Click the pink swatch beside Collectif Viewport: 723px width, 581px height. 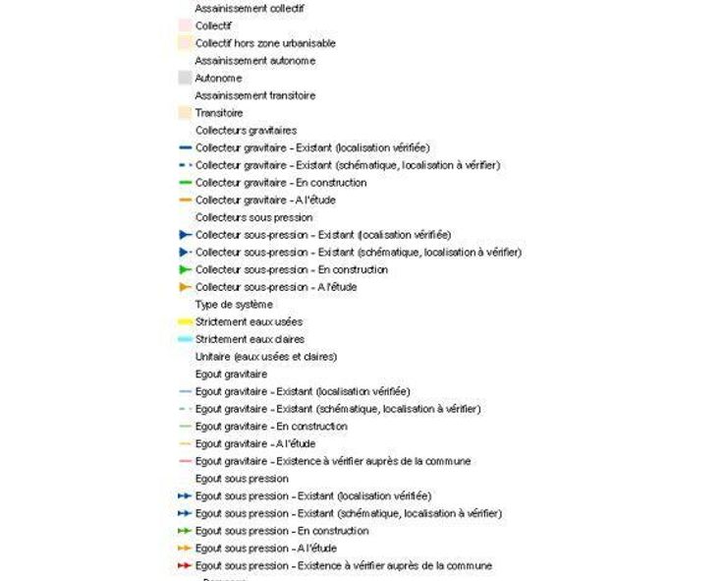coord(185,26)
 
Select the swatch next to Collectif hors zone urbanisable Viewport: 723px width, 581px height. coord(185,43)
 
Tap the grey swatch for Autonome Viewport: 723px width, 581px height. coord(185,78)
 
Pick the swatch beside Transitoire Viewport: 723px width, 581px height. coord(185,113)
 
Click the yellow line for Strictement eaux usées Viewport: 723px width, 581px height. coord(185,322)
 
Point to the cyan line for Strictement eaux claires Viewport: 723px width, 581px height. coord(185,339)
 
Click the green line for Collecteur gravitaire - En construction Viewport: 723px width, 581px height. coord(185,183)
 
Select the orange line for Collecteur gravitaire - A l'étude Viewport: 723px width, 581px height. coord(185,201)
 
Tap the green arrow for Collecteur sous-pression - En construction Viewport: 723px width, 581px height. coord(185,269)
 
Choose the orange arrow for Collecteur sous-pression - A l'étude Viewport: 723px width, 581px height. coord(185,287)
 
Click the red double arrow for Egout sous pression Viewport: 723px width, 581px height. coord(185,566)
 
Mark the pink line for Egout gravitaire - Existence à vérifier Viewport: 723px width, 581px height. coord(185,461)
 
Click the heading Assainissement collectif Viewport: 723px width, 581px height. coord(250,8)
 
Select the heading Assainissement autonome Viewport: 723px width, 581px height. coord(255,61)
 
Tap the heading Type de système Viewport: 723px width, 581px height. coord(234,305)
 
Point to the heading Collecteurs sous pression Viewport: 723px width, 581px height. coord(253,217)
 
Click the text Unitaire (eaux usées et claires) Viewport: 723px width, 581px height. coord(266,357)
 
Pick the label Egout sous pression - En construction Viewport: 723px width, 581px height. coord(282,531)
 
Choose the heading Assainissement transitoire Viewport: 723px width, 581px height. coord(255,95)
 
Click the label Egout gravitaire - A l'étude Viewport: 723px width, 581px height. coord(254,444)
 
